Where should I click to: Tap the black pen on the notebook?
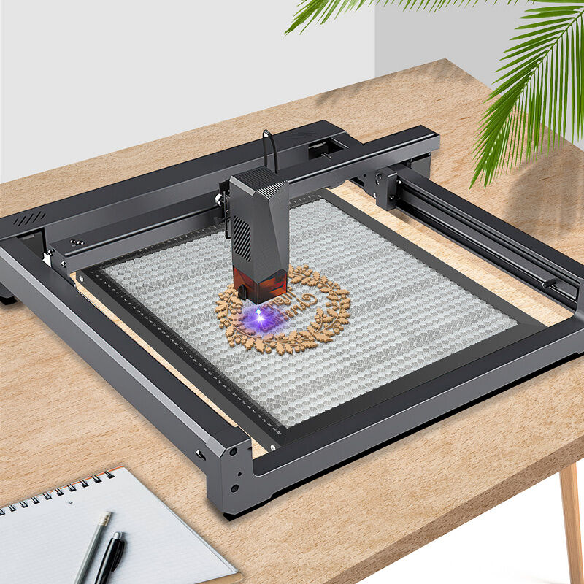[x=110, y=559]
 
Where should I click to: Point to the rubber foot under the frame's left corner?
[x=7, y=298]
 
